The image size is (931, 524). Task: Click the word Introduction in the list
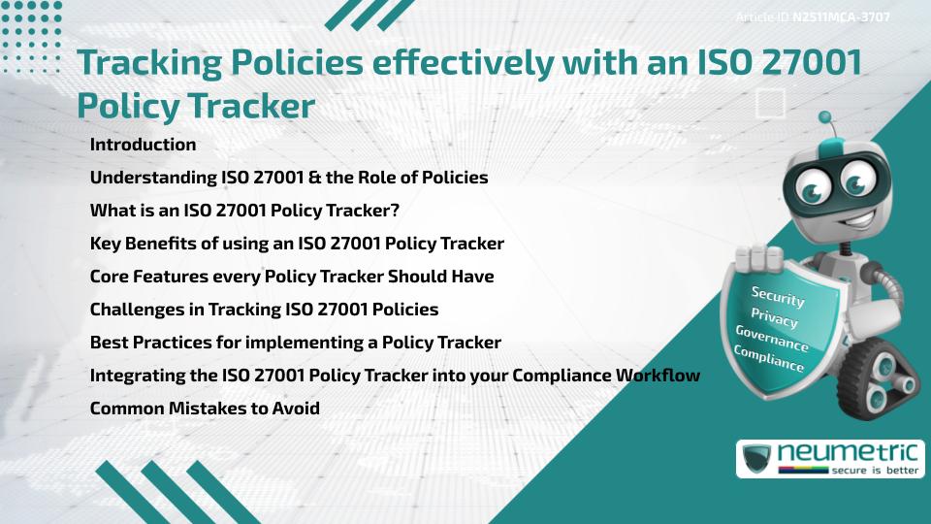[x=143, y=145]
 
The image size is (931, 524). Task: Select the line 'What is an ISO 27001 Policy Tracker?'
[x=244, y=211]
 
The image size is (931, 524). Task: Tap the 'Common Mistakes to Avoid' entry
[x=205, y=408]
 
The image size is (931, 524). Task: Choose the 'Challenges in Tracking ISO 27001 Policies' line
[x=264, y=310]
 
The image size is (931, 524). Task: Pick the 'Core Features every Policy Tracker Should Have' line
[x=292, y=277]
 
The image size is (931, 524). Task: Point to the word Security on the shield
[x=778, y=297]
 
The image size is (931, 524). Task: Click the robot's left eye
[x=813, y=182]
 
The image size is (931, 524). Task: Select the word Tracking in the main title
[x=144, y=63]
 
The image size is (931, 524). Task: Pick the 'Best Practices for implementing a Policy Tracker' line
[x=296, y=343]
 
